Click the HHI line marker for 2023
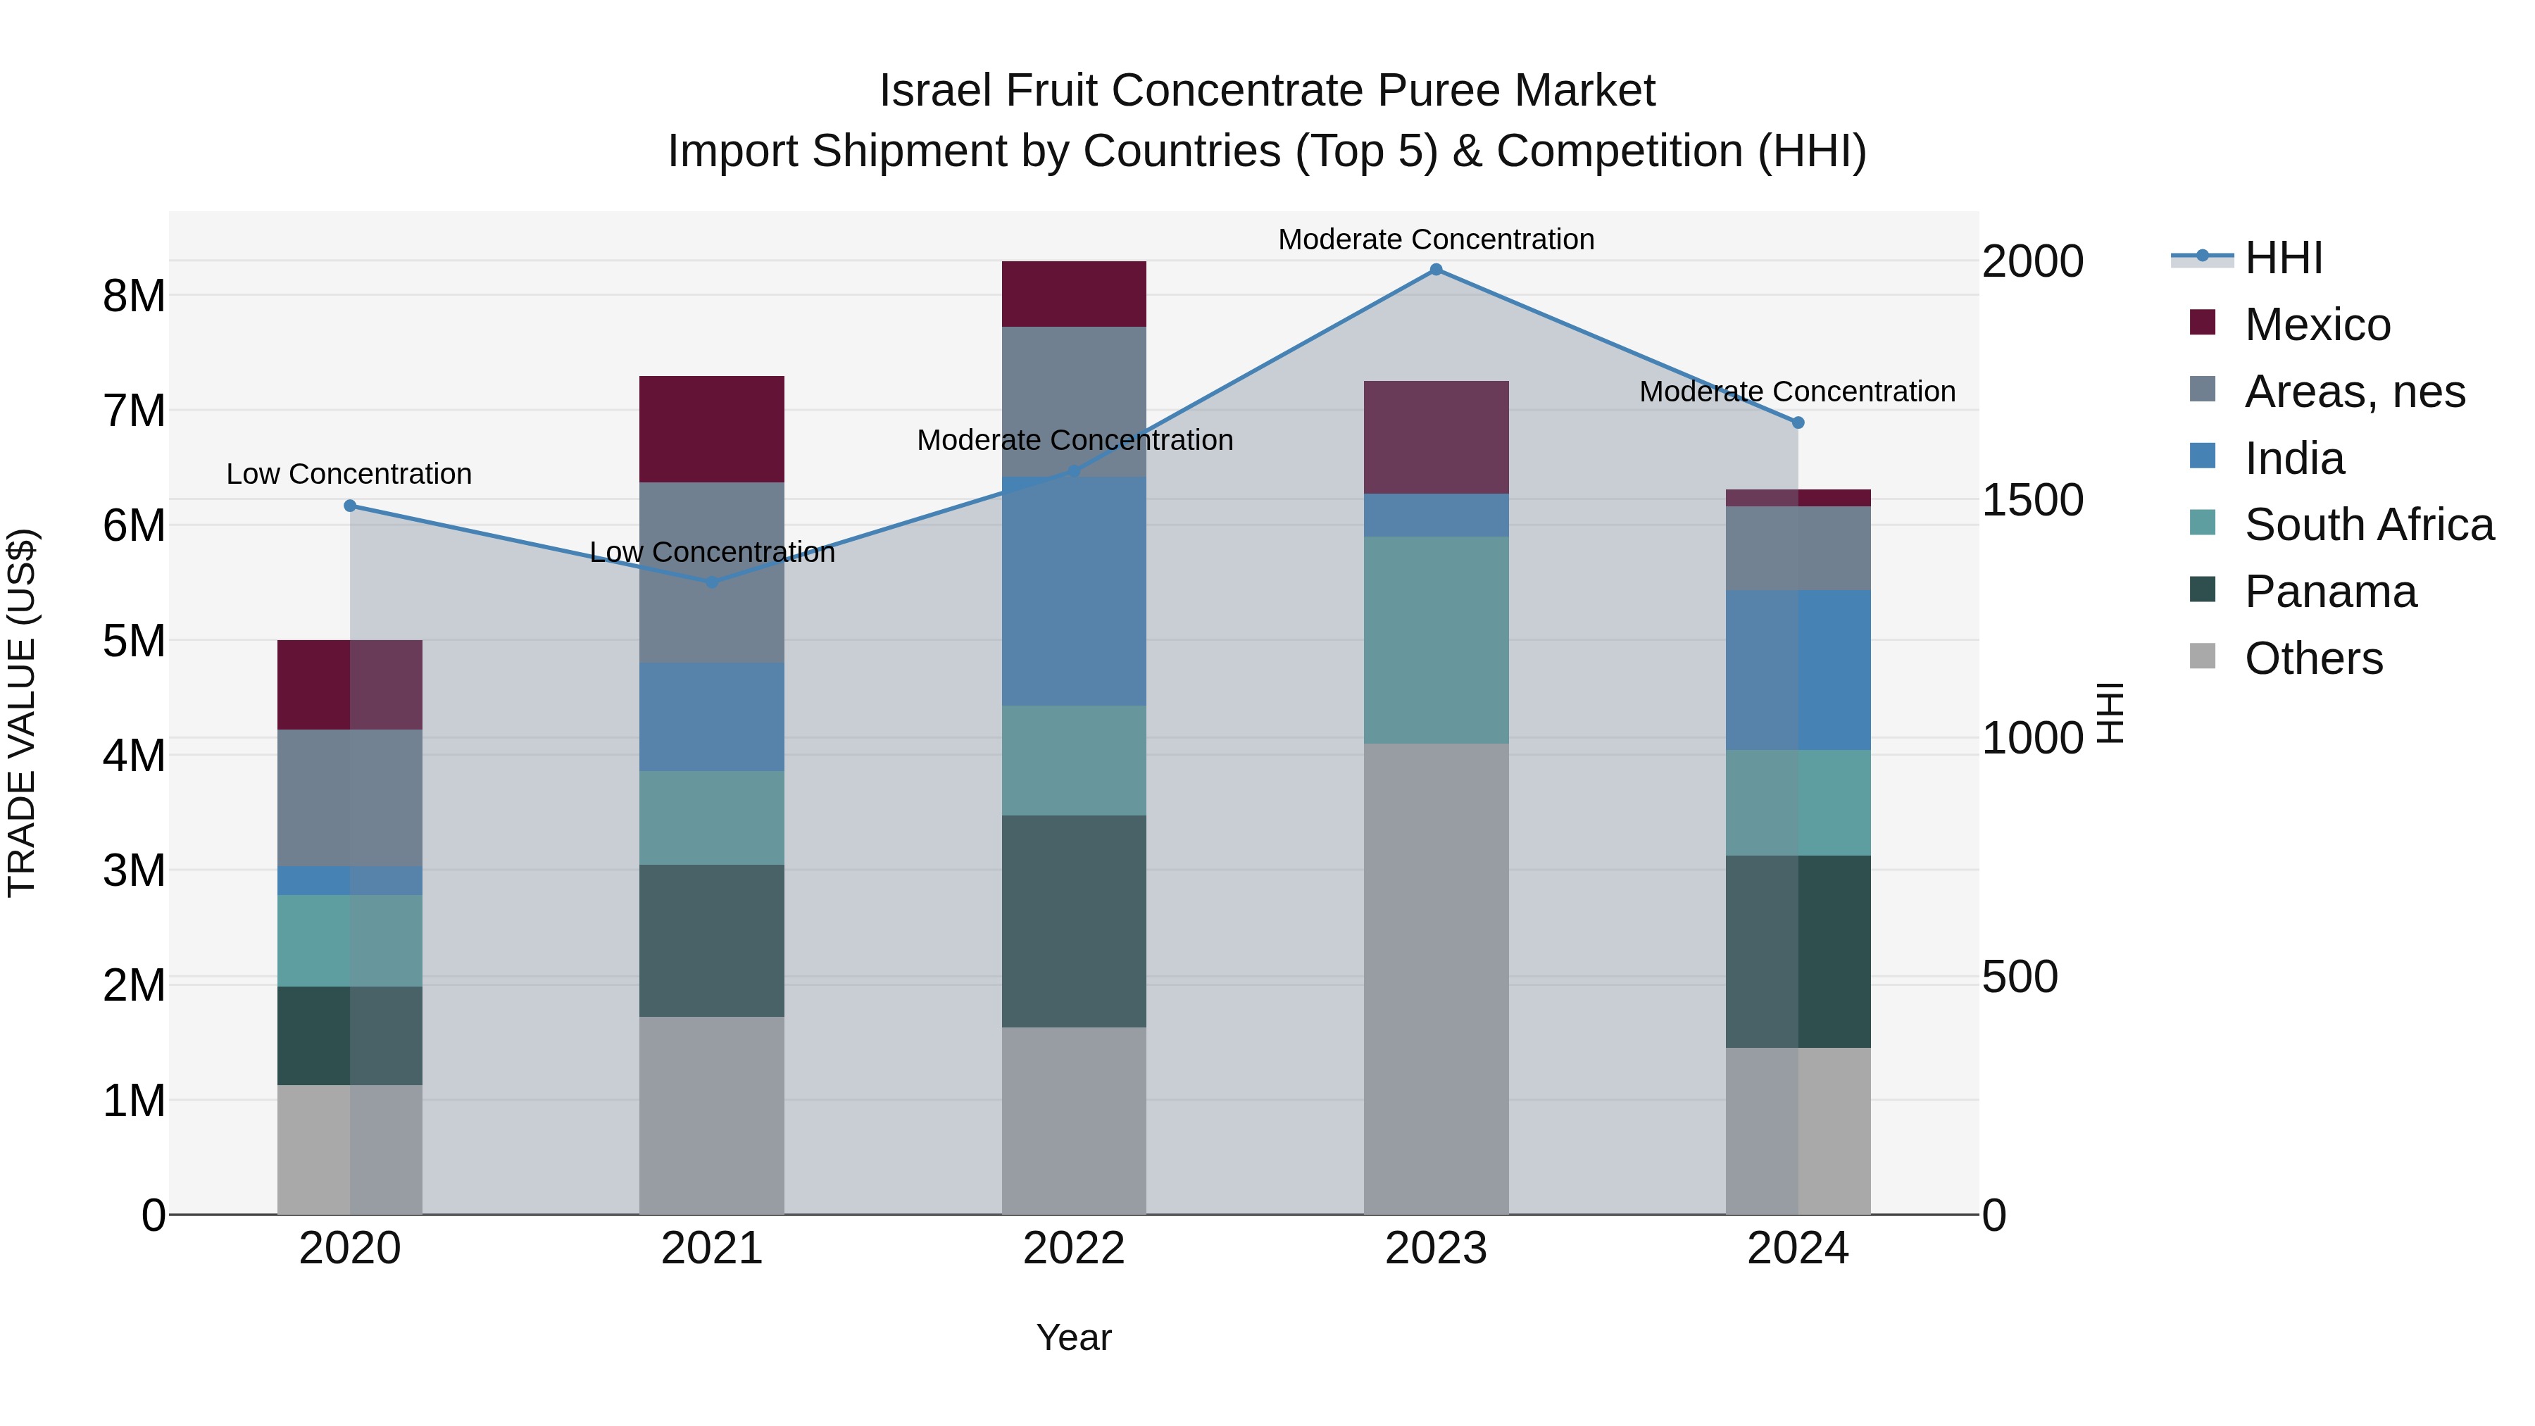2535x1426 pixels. point(1436,270)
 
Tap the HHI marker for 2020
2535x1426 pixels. point(351,506)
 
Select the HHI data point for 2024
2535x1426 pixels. point(1798,423)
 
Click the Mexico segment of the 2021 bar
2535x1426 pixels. point(711,429)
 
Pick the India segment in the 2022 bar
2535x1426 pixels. point(1074,591)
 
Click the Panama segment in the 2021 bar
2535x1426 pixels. point(711,941)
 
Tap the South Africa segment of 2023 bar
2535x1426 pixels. point(1436,639)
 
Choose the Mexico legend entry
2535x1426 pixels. point(2317,325)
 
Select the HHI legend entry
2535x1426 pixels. point(2283,258)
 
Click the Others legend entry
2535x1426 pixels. point(2312,658)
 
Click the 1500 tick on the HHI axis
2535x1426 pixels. point(2031,500)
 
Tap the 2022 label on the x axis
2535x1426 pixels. point(1074,1249)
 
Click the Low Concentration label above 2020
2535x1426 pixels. point(349,475)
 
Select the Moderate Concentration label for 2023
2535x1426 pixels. point(1436,240)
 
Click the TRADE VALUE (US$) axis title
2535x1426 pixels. point(22,713)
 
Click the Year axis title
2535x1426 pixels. point(1074,1337)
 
